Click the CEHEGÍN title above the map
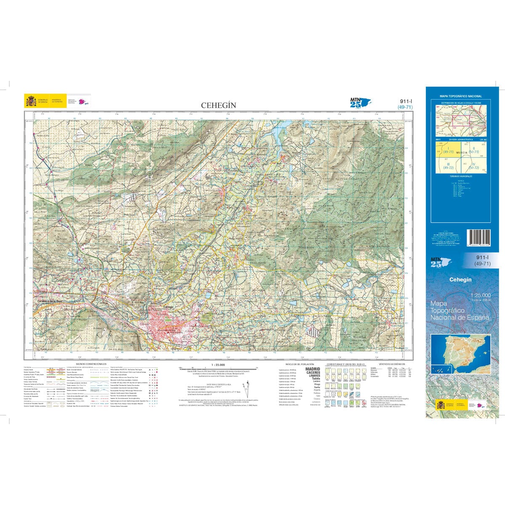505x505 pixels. [218, 105]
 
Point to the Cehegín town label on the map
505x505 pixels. [168, 307]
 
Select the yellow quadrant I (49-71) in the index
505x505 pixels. [444, 150]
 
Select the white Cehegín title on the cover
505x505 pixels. [460, 279]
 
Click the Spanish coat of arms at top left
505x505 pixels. [31, 101]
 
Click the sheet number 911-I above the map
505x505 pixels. [404, 101]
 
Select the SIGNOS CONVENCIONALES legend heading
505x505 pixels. [91, 364]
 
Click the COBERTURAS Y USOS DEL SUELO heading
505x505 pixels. [345, 364]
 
